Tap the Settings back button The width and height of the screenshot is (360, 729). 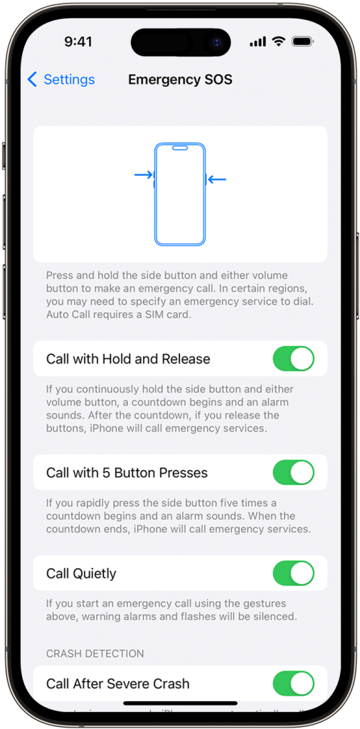click(60, 80)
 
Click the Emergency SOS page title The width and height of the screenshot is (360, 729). click(180, 80)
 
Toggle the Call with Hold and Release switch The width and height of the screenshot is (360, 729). click(293, 359)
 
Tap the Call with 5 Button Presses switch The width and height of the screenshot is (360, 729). click(293, 473)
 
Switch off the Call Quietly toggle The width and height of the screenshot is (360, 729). click(293, 573)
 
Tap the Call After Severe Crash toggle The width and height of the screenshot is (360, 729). click(293, 683)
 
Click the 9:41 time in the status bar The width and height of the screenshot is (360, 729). click(78, 42)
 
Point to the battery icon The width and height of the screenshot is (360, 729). click(302, 42)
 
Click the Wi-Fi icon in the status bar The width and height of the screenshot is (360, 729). click(278, 42)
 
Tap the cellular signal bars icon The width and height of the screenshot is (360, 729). click(258, 42)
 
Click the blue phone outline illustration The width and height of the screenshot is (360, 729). click(180, 194)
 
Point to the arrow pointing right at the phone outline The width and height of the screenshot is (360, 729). click(144, 174)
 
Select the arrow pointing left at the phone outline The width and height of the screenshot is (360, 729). click(217, 179)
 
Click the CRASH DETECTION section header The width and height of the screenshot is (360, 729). click(95, 654)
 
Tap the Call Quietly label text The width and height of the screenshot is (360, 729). click(81, 573)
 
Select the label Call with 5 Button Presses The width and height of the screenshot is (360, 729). click(127, 473)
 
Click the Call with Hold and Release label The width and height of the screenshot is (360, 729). click(128, 359)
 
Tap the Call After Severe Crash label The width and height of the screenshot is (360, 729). click(117, 683)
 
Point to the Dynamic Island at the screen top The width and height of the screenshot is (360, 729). click(181, 42)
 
